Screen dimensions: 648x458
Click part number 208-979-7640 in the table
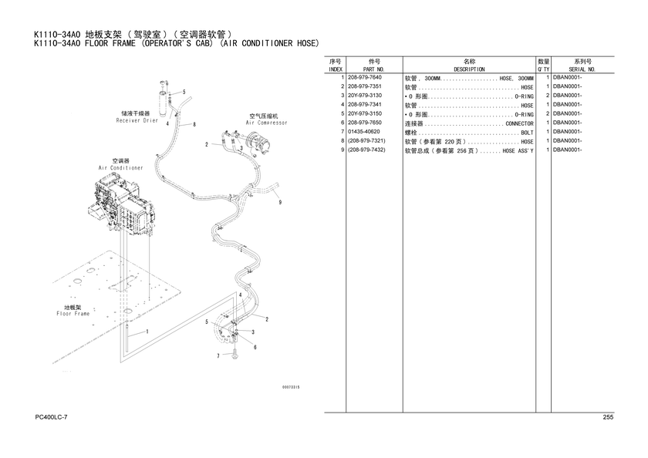coord(364,77)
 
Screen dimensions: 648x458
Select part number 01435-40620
coord(363,132)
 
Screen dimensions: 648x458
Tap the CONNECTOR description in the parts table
coord(519,123)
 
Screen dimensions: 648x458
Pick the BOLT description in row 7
coord(528,133)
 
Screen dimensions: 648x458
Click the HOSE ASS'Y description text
coord(518,151)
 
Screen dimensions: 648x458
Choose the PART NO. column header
coord(373,69)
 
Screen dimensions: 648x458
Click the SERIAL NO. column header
coord(582,69)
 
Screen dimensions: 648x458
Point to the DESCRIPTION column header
coord(469,69)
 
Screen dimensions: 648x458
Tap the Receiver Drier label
coord(137,120)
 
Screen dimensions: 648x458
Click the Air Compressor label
coord(266,123)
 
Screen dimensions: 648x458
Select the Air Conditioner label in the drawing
coord(120,168)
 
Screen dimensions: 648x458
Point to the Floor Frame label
coord(73,314)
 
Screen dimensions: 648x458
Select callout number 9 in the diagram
coord(280,202)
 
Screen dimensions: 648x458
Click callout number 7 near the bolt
coord(218,355)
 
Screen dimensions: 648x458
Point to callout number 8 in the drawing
coord(194,124)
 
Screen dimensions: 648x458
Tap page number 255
coord(608,417)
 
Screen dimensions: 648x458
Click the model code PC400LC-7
coord(51,417)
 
